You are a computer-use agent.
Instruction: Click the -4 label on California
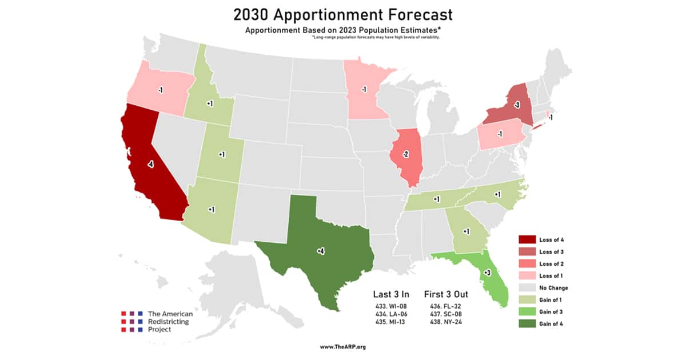[150, 165]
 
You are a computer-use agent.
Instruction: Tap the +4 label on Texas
[321, 251]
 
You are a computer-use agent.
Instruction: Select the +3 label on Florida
[486, 273]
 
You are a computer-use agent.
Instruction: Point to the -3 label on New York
[516, 105]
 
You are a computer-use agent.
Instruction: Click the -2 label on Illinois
[405, 154]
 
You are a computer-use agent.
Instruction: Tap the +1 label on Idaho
[210, 103]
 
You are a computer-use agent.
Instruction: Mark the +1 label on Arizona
[211, 210]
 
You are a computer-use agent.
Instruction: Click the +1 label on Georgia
[466, 231]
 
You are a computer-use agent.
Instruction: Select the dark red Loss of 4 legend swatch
[527, 240]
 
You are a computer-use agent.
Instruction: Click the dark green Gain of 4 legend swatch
[527, 324]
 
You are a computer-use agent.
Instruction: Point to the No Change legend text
[553, 288]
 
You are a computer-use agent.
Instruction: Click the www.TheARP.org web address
[342, 346]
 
